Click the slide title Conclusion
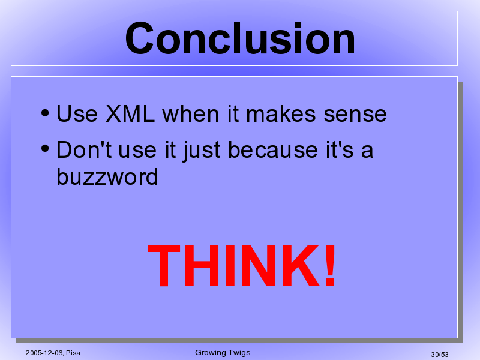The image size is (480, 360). [x=240, y=38]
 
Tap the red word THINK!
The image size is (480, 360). [x=242, y=265]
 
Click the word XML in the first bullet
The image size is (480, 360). [x=130, y=114]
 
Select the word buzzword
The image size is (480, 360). [x=107, y=176]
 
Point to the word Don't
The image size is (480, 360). [x=84, y=149]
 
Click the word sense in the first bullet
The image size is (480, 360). [x=355, y=115]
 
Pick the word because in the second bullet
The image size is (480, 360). [x=273, y=149]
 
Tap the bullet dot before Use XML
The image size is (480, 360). [x=44, y=113]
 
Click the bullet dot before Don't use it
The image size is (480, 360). [x=44, y=149]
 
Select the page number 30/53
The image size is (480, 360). [x=440, y=355]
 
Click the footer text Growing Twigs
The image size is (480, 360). [x=223, y=353]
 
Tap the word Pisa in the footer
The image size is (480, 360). [x=73, y=353]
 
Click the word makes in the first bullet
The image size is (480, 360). [x=281, y=114]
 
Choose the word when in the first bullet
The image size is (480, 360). [x=191, y=114]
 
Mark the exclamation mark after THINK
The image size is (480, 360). [x=330, y=265]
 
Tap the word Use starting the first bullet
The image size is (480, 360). [x=77, y=114]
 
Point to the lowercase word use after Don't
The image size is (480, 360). [x=137, y=151]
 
